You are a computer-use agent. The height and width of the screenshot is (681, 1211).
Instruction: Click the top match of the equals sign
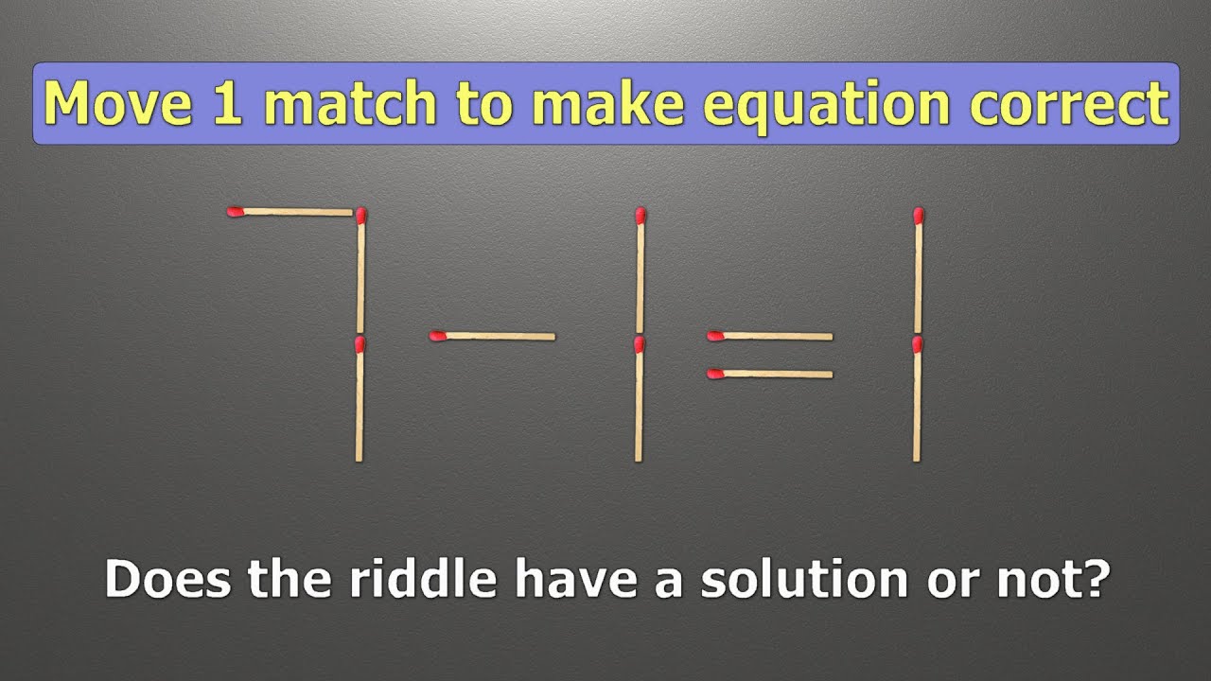770,336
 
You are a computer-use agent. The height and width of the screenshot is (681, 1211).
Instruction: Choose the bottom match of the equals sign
770,374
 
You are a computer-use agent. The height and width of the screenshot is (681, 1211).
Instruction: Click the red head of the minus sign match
437,335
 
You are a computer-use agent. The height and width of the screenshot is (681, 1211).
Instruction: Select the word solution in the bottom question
799,579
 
